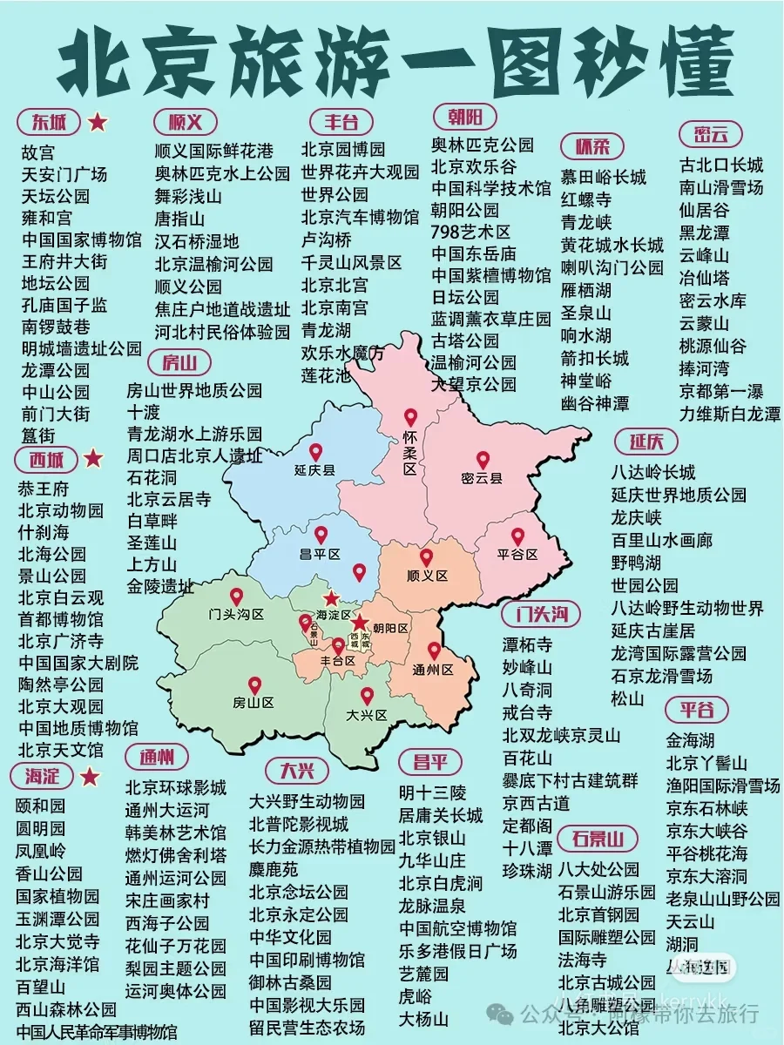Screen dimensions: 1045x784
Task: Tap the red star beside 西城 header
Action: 93,458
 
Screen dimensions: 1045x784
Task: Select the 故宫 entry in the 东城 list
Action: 38,152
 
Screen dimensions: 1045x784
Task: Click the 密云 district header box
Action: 712,134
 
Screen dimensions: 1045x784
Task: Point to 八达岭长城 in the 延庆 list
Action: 652,473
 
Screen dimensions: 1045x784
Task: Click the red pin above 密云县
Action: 483,459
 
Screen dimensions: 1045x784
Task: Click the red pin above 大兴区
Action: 367,697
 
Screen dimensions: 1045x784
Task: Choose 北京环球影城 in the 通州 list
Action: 176,787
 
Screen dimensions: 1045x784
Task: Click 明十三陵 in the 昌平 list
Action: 432,792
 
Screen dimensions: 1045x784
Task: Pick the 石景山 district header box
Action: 598,839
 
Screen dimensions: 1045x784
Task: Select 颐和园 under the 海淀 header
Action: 40,806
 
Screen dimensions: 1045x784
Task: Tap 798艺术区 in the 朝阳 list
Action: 470,232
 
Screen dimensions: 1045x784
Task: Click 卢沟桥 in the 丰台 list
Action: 327,239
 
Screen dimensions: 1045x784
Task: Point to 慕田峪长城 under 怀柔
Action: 603,178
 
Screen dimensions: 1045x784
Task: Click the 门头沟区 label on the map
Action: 236,614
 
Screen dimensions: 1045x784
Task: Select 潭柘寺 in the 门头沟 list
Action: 527,645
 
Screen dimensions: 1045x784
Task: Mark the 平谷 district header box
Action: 697,710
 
